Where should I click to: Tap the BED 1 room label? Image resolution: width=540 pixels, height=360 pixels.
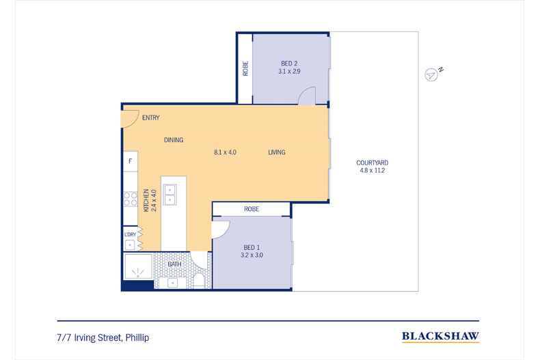pyautogui.click(x=252, y=247)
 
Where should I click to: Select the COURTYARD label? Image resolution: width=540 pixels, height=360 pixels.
pyautogui.click(x=373, y=163)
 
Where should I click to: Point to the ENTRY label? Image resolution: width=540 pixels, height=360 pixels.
pyautogui.click(x=151, y=117)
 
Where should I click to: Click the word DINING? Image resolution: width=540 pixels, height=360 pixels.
pyautogui.click(x=174, y=140)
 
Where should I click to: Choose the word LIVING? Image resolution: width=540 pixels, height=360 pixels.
pyautogui.click(x=276, y=152)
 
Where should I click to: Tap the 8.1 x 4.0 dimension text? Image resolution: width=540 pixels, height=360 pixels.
pyautogui.click(x=225, y=152)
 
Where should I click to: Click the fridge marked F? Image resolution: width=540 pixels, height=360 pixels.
pyautogui.click(x=129, y=163)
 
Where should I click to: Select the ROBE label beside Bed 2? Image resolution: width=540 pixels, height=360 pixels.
pyautogui.click(x=245, y=68)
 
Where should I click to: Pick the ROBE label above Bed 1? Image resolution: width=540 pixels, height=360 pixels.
pyautogui.click(x=251, y=209)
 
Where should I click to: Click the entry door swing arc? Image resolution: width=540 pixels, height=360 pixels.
pyautogui.click(x=129, y=118)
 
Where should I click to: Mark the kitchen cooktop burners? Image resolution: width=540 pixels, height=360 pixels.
pyautogui.click(x=130, y=199)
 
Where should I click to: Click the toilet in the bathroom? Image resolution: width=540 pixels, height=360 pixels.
pyautogui.click(x=198, y=281)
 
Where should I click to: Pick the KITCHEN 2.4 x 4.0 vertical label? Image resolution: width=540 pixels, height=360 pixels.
pyautogui.click(x=149, y=199)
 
